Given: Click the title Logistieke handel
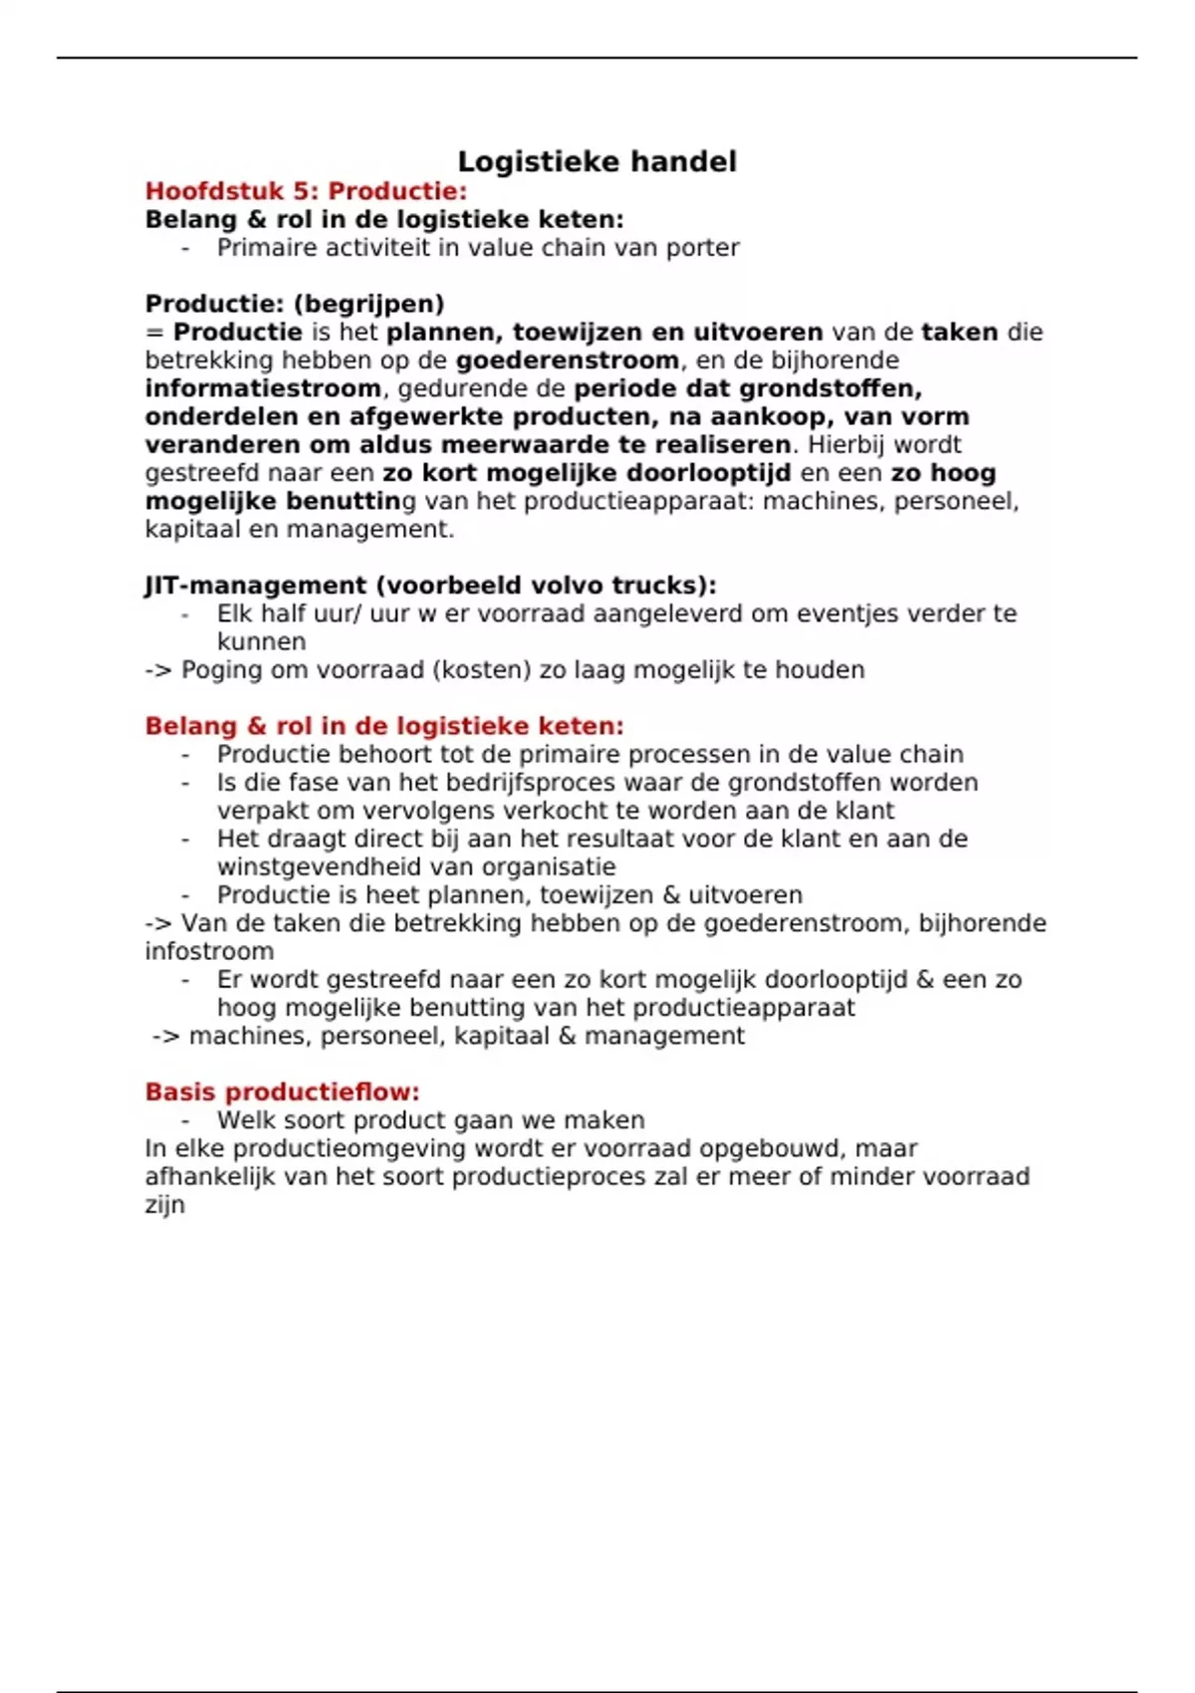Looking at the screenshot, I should [x=597, y=161].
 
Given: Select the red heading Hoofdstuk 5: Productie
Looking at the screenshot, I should [x=306, y=191].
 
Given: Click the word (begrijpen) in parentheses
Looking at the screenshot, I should [x=369, y=304].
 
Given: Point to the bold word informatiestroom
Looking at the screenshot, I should [x=263, y=388].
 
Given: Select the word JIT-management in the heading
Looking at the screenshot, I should [x=255, y=586].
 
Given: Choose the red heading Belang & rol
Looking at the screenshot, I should [x=384, y=726].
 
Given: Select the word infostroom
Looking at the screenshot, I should [x=209, y=952].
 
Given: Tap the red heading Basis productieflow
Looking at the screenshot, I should [x=282, y=1092].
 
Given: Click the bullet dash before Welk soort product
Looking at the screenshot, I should [x=186, y=1120].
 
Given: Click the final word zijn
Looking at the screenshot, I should [x=165, y=1205].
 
